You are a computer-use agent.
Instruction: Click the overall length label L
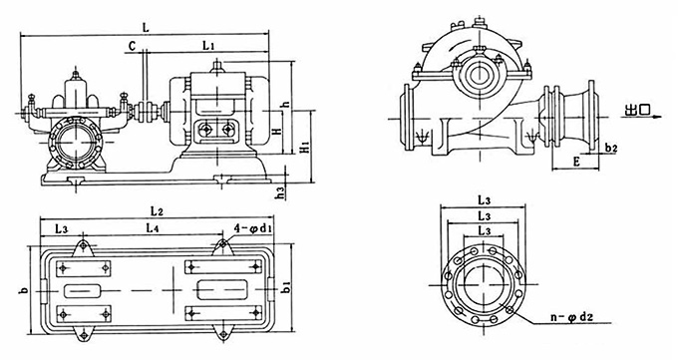point(146,28)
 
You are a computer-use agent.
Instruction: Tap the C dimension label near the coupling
point(133,46)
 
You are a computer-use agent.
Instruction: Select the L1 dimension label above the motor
point(208,45)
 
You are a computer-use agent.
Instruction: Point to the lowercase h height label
point(284,104)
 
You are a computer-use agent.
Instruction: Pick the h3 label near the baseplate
point(282,193)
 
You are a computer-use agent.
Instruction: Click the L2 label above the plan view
point(157,211)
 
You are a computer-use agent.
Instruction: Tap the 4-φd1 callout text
point(253,228)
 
